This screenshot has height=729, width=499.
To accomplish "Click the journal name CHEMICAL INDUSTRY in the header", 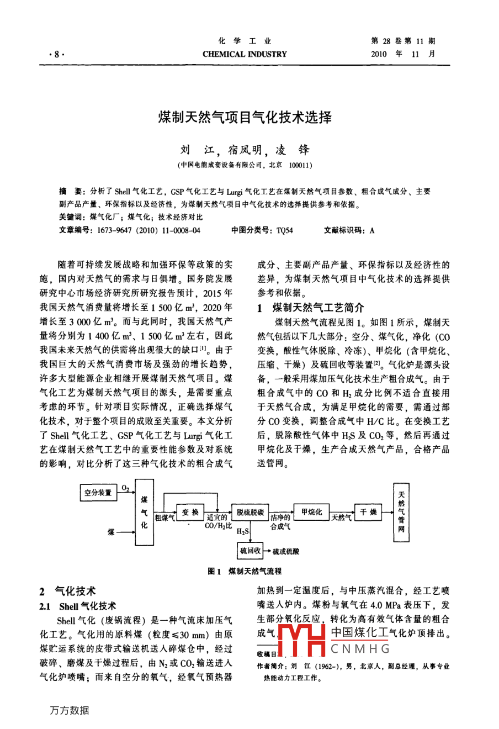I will tap(245, 54).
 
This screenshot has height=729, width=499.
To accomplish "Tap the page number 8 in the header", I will tap(56, 54).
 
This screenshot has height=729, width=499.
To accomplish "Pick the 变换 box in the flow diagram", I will tap(190, 513).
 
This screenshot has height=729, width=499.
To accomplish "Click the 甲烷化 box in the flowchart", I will tap(311, 513).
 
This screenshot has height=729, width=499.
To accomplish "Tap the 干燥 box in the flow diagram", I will tap(368, 513).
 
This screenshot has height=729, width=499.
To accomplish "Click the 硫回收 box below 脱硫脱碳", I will tap(250, 551).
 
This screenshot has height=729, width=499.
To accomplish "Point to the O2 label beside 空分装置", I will tap(125, 488).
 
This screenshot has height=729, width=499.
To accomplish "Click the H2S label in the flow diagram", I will tap(243, 532).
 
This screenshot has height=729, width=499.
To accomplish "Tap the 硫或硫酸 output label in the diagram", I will tap(286, 551).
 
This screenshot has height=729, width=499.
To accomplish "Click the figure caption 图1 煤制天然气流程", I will tap(245, 571).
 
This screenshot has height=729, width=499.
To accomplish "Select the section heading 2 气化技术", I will tap(67, 591).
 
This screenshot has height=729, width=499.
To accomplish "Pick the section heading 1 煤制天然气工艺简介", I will tap(311, 308).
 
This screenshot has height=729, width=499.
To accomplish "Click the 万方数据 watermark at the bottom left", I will tap(69, 710).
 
